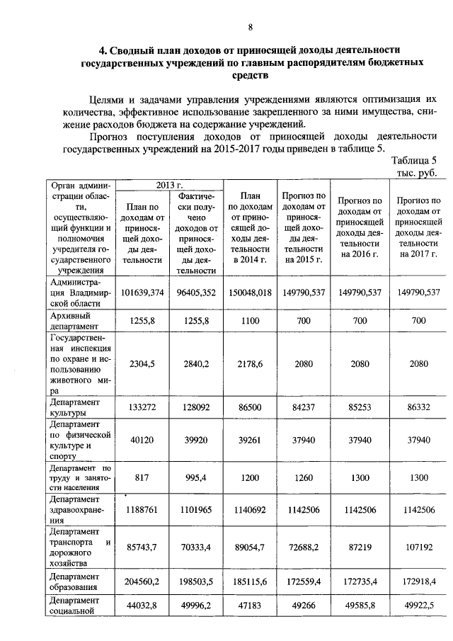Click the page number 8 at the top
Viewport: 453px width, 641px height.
pyautogui.click(x=250, y=27)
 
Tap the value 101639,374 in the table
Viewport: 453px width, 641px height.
pyautogui.click(x=143, y=292)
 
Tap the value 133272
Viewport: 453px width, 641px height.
pyautogui.click(x=143, y=407)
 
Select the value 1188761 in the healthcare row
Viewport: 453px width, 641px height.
pyautogui.click(x=143, y=509)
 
